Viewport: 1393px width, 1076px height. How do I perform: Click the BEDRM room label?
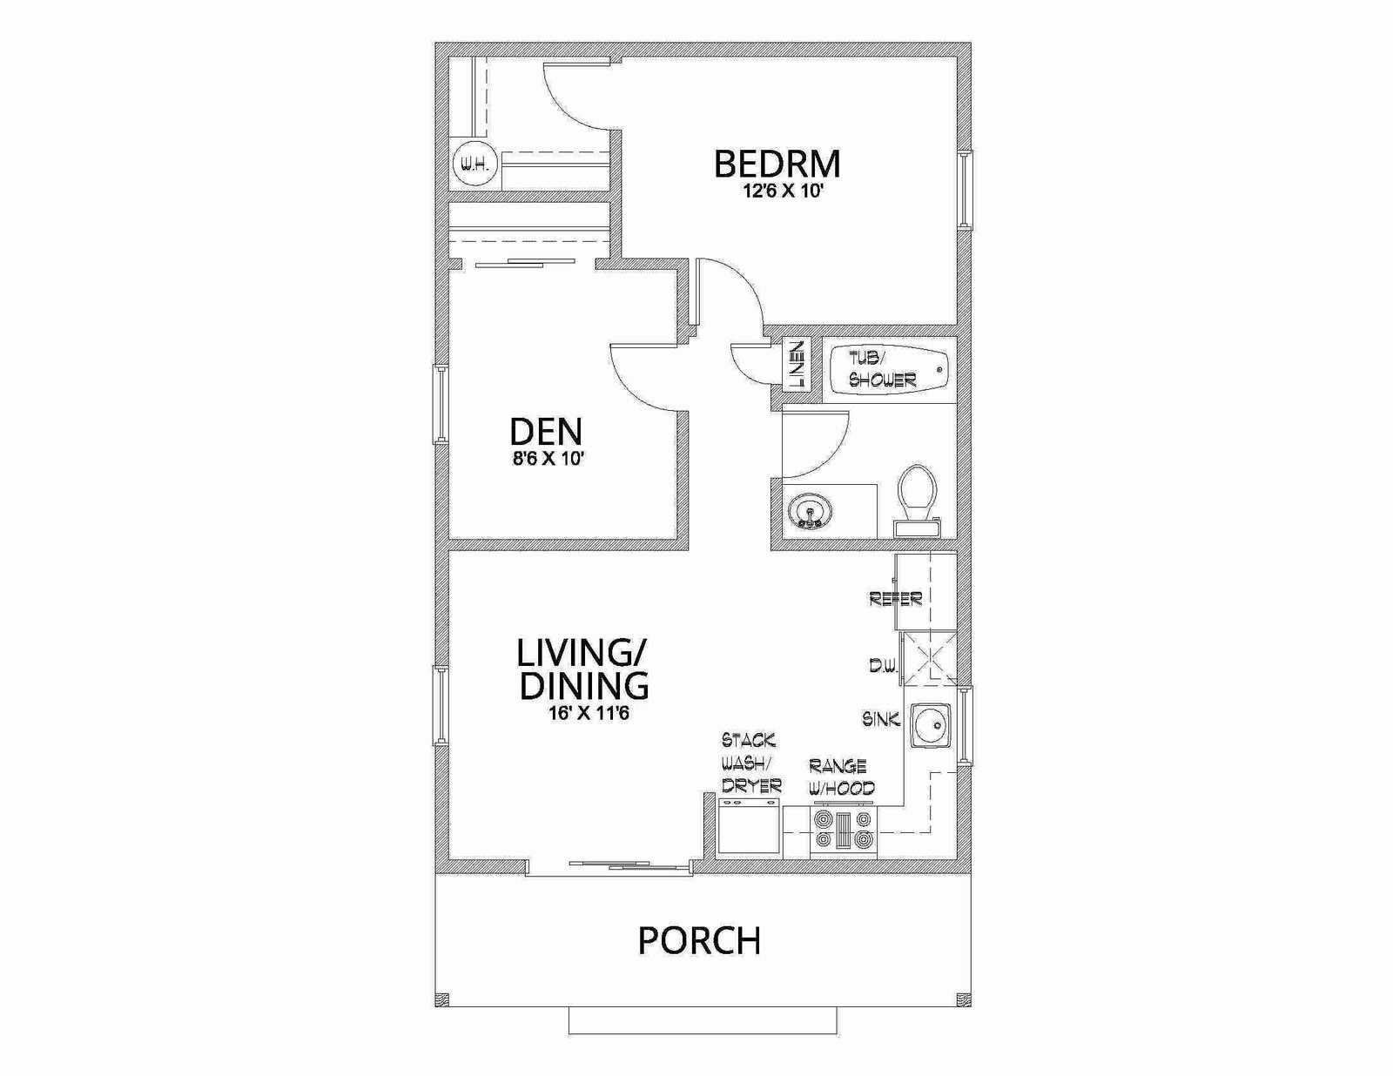[777, 164]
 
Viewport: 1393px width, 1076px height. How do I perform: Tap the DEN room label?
[546, 431]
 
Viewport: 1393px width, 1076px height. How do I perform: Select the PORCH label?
[699, 940]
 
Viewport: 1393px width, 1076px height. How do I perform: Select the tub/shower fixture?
[890, 370]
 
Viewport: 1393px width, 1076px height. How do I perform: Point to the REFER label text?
[896, 599]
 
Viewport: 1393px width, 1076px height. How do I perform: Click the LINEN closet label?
[797, 365]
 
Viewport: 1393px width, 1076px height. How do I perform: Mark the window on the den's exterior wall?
[441, 404]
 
